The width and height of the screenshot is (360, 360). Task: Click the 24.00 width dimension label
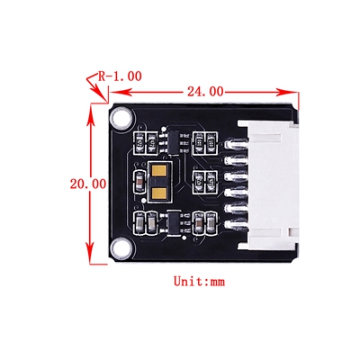click(205, 92)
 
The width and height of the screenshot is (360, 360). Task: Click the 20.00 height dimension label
click(88, 184)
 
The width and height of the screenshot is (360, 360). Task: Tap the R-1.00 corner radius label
click(120, 76)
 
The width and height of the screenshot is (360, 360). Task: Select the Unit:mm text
click(199, 282)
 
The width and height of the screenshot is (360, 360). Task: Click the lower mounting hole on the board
click(121, 247)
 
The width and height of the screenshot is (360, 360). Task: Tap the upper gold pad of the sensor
click(159, 171)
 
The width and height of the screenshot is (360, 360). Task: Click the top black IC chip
click(174, 143)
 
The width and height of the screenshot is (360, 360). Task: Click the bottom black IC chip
click(174, 223)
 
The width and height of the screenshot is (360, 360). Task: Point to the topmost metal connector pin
click(236, 144)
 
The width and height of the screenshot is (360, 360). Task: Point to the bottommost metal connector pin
click(236, 225)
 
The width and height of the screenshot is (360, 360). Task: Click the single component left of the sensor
click(139, 182)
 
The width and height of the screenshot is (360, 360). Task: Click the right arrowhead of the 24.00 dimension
click(287, 92)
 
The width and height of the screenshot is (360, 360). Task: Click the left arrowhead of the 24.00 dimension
click(120, 92)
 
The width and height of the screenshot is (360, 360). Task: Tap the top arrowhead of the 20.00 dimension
click(90, 114)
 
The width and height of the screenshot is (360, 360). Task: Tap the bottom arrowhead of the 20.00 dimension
click(90, 253)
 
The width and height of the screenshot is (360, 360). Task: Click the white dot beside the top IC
click(164, 129)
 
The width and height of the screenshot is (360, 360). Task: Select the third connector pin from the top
click(236, 176)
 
